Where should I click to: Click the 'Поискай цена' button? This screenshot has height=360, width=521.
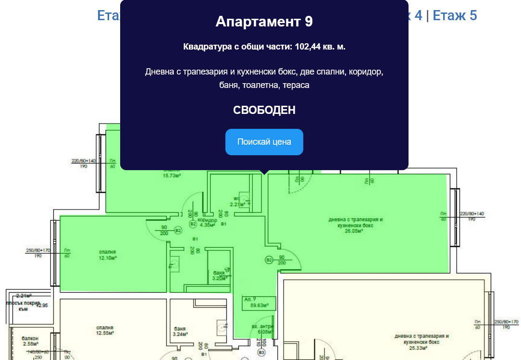pos(264,142)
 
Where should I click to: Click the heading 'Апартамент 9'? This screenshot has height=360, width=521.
pos(264,22)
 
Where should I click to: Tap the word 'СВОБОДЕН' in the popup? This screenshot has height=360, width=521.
pos(264,110)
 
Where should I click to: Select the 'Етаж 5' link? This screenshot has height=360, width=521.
pos(455,15)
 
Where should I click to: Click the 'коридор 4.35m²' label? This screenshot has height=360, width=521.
pos(208,223)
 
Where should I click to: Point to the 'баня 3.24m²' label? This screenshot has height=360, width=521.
pos(180,331)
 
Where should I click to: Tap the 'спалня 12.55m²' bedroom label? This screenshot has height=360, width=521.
pos(104,330)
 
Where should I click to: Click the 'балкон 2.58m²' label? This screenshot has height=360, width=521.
pos(30,341)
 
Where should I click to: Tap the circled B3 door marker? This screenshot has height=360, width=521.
pos(261,352)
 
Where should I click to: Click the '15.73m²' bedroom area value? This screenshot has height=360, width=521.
pos(172,175)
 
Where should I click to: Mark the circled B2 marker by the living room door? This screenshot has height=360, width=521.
pos(269,260)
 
